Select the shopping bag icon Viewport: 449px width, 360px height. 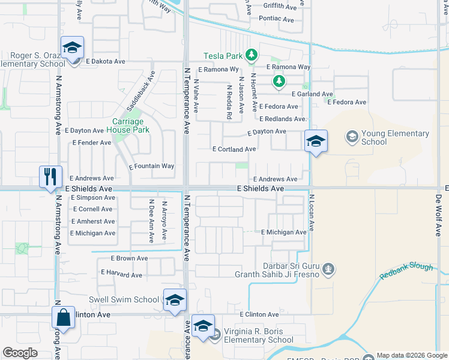tap(63, 317)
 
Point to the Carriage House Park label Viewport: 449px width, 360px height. tap(127, 125)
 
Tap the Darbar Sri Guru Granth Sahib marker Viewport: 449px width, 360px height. tap(328, 268)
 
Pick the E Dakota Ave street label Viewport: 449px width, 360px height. tap(105, 61)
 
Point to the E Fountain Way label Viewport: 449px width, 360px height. tap(152, 166)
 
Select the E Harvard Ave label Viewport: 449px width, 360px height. tap(121, 275)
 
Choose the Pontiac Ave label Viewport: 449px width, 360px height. tap(276, 19)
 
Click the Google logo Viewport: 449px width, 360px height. tap(20, 353)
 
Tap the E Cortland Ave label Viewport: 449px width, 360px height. tap(234, 149)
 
